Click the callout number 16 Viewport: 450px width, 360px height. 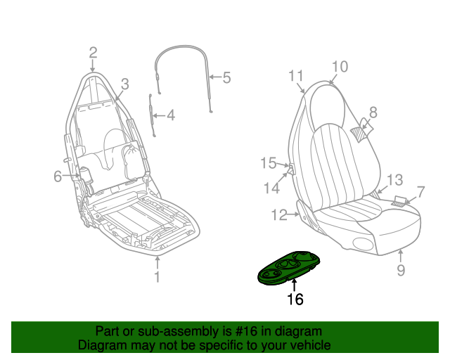click(x=295, y=300)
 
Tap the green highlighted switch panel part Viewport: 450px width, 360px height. click(x=288, y=268)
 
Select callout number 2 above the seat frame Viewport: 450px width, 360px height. click(x=93, y=53)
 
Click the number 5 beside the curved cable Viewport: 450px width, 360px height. click(x=226, y=77)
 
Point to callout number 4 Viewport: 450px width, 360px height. click(x=171, y=115)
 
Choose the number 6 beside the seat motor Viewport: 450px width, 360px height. click(x=58, y=176)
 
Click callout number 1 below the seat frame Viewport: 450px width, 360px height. click(x=157, y=277)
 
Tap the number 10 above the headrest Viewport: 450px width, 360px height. click(x=340, y=67)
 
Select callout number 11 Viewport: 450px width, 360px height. click(x=296, y=76)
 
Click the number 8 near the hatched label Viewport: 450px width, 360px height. click(x=373, y=112)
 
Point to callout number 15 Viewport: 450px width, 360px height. click(x=269, y=163)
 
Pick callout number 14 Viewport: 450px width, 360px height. click(x=272, y=188)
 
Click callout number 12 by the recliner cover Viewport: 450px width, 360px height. click(x=279, y=214)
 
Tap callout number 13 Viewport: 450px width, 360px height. click(x=395, y=180)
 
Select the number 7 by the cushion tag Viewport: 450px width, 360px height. click(x=420, y=192)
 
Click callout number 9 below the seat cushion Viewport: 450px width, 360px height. click(x=401, y=270)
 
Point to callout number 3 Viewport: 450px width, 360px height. click(x=125, y=84)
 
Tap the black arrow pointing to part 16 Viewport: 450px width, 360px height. click(x=294, y=285)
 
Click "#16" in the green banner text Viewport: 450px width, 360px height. click(x=246, y=331)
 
